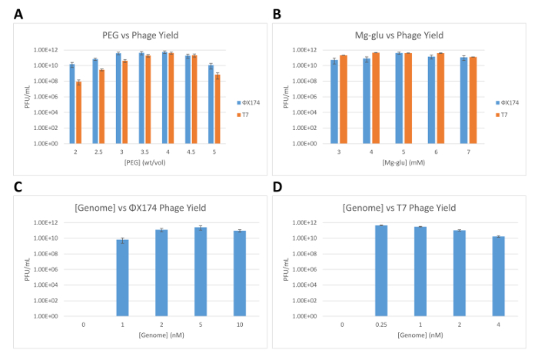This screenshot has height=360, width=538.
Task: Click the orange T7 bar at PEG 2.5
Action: click(x=101, y=107)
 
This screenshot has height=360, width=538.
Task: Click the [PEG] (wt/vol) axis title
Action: click(x=144, y=162)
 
